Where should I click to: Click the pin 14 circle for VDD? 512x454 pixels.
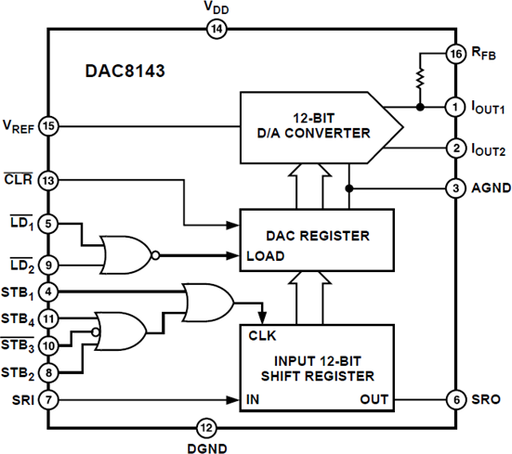[x=216, y=29]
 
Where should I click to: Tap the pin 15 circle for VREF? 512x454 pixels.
[x=48, y=124]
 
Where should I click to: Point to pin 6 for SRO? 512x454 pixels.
[x=454, y=400]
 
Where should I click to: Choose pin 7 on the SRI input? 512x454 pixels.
[x=48, y=400]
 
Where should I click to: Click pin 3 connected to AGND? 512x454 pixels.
[x=454, y=187]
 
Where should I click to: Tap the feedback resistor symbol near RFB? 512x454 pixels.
[x=421, y=81]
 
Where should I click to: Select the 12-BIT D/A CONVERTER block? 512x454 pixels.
[x=316, y=124]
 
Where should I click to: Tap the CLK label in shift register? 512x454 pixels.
[x=262, y=335]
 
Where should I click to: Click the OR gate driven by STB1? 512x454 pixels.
[x=209, y=301]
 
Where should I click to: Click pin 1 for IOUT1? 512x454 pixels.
[x=454, y=107]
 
